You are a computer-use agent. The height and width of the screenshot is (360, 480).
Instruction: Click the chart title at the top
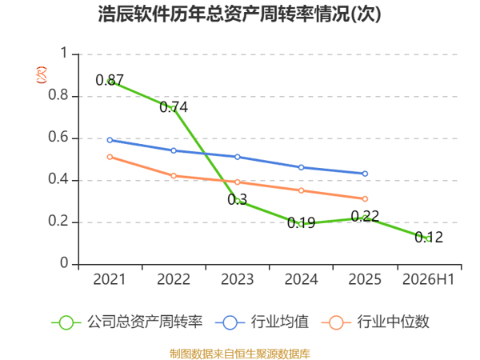(x=239, y=14)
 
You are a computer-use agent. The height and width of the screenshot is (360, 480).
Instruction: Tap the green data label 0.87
(x=110, y=80)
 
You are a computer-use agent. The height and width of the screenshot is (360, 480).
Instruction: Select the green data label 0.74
(x=174, y=107)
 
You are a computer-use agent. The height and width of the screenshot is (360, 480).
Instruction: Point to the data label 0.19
(x=302, y=222)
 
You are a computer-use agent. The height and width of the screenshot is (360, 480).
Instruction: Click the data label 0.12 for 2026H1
(x=429, y=238)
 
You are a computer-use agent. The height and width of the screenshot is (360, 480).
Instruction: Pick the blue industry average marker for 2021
(x=110, y=140)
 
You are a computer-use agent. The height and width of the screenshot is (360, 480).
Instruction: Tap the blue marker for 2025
(x=365, y=174)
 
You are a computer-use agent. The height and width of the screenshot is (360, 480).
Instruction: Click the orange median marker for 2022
(x=174, y=176)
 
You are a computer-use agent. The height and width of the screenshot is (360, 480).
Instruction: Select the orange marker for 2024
(x=302, y=190)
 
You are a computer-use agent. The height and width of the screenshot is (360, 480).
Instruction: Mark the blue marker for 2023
(x=238, y=157)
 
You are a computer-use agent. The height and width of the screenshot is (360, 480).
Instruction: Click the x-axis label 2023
(x=238, y=279)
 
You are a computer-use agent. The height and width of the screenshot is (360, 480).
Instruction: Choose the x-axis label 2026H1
(x=428, y=279)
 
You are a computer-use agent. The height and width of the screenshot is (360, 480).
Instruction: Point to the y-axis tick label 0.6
(x=58, y=137)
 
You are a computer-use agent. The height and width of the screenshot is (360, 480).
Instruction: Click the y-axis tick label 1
(x=64, y=53)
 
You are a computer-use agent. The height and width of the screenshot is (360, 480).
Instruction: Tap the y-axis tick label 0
(x=64, y=262)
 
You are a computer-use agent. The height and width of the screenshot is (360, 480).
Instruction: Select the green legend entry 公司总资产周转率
(x=127, y=322)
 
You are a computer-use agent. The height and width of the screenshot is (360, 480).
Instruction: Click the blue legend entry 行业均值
(x=262, y=322)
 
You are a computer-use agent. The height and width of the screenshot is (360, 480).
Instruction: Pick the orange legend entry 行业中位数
(x=375, y=322)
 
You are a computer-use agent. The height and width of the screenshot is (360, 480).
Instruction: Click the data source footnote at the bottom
(x=240, y=354)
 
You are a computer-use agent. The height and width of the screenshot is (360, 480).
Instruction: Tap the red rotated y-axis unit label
(x=42, y=75)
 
